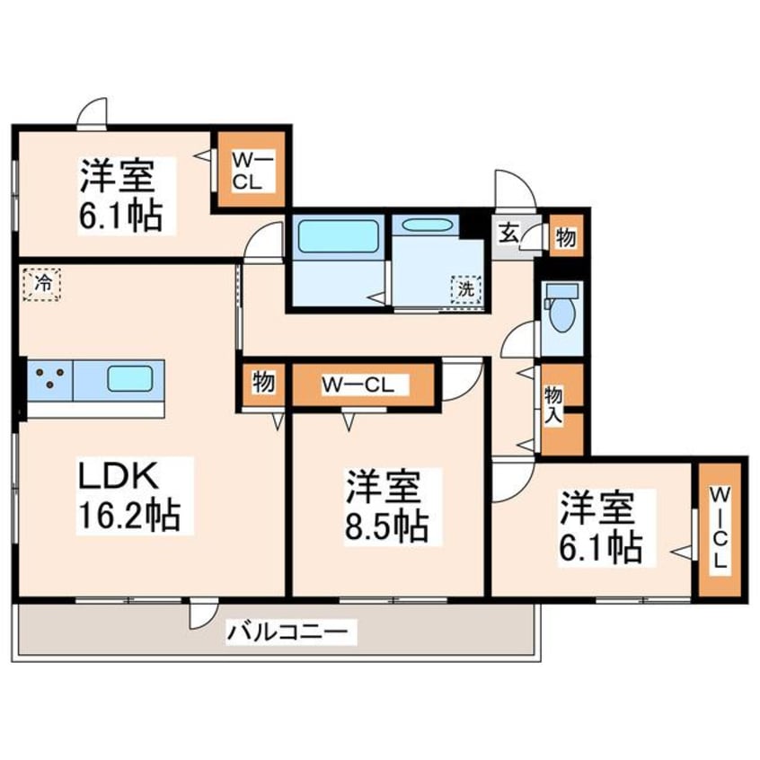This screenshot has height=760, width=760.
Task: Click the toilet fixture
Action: (561, 308)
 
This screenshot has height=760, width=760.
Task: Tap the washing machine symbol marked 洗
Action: (466, 288)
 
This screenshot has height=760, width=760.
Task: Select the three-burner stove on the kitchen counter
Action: (49, 378)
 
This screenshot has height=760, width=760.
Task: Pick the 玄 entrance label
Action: (508, 235)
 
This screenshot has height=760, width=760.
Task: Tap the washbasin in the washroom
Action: (427, 226)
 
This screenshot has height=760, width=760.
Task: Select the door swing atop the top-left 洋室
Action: (92, 115)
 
